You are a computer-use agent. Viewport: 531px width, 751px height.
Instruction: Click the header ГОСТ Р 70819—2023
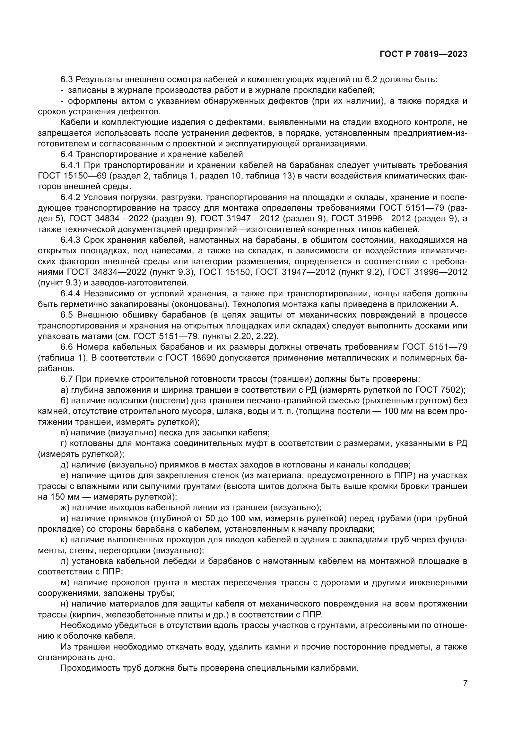tap(423, 54)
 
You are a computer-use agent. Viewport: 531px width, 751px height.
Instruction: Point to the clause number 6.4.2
tap(70, 197)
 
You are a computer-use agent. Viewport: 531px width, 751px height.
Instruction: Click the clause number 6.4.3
tap(70, 240)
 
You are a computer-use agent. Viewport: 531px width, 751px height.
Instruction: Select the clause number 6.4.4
tap(70, 293)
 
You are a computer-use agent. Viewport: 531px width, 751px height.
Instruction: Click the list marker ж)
tap(65, 508)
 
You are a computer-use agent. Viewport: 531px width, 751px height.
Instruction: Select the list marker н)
tap(65, 604)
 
